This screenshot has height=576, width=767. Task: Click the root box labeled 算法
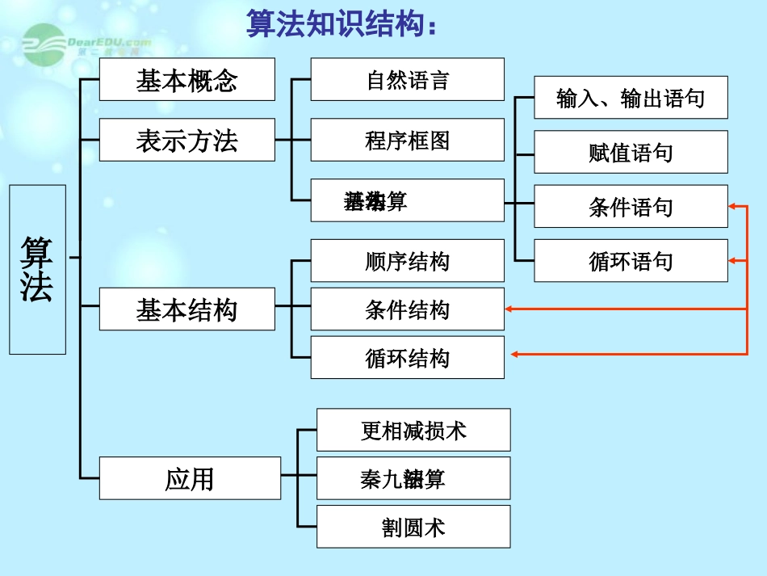click(x=37, y=269)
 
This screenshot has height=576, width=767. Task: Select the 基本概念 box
click(x=187, y=80)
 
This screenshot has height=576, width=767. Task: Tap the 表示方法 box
click(x=187, y=141)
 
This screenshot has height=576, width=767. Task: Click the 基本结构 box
click(x=187, y=309)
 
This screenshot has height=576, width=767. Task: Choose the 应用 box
click(x=190, y=478)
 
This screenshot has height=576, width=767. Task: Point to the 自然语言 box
click(x=407, y=80)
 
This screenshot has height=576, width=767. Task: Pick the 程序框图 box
click(x=407, y=141)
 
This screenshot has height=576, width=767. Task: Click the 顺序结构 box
click(x=407, y=261)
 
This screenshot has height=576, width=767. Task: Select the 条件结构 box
click(x=407, y=309)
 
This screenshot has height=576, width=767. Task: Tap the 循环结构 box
click(x=407, y=358)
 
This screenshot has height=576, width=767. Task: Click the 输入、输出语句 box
click(x=631, y=98)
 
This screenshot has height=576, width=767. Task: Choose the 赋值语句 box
click(x=631, y=152)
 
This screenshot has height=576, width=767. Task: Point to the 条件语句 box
click(x=631, y=207)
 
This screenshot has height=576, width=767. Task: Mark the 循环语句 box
click(x=631, y=261)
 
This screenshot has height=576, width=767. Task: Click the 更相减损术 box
click(x=413, y=430)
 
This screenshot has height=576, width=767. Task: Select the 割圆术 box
click(x=413, y=527)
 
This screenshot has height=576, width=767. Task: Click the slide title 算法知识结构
click(x=344, y=24)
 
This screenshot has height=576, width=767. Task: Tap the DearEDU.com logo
click(x=86, y=40)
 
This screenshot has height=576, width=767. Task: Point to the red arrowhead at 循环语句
click(x=733, y=261)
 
